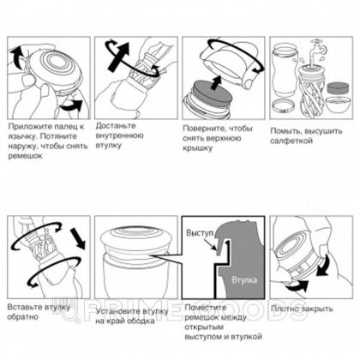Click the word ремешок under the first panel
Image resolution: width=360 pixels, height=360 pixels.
25,155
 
